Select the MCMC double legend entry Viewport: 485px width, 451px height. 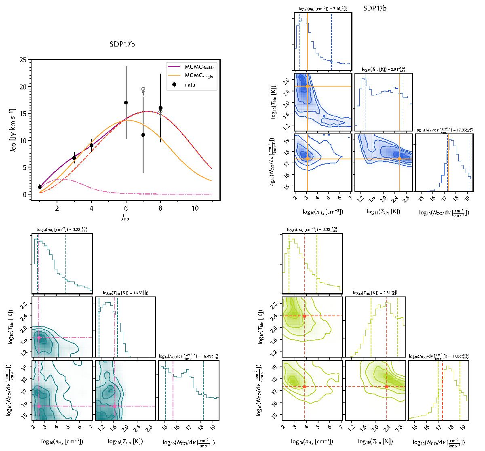(x=191, y=66)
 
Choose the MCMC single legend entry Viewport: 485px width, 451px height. (x=190, y=76)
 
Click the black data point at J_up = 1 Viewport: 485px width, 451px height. (x=40, y=187)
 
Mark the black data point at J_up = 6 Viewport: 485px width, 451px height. (x=126, y=103)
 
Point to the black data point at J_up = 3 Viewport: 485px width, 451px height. (x=74, y=158)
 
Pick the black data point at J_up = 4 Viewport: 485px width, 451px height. (x=91, y=145)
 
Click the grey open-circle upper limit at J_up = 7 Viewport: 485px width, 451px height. (x=143, y=89)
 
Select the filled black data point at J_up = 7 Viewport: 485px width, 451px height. (x=143, y=135)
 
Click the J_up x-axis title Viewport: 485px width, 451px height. (x=126, y=218)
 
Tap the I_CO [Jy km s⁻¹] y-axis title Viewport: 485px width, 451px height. (x=10, y=127)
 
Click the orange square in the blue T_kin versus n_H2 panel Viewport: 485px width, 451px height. (x=308, y=86)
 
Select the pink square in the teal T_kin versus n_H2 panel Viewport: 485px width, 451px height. (x=39, y=337)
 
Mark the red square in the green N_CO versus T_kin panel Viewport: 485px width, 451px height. (x=387, y=387)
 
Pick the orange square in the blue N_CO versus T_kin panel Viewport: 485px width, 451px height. (x=399, y=159)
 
